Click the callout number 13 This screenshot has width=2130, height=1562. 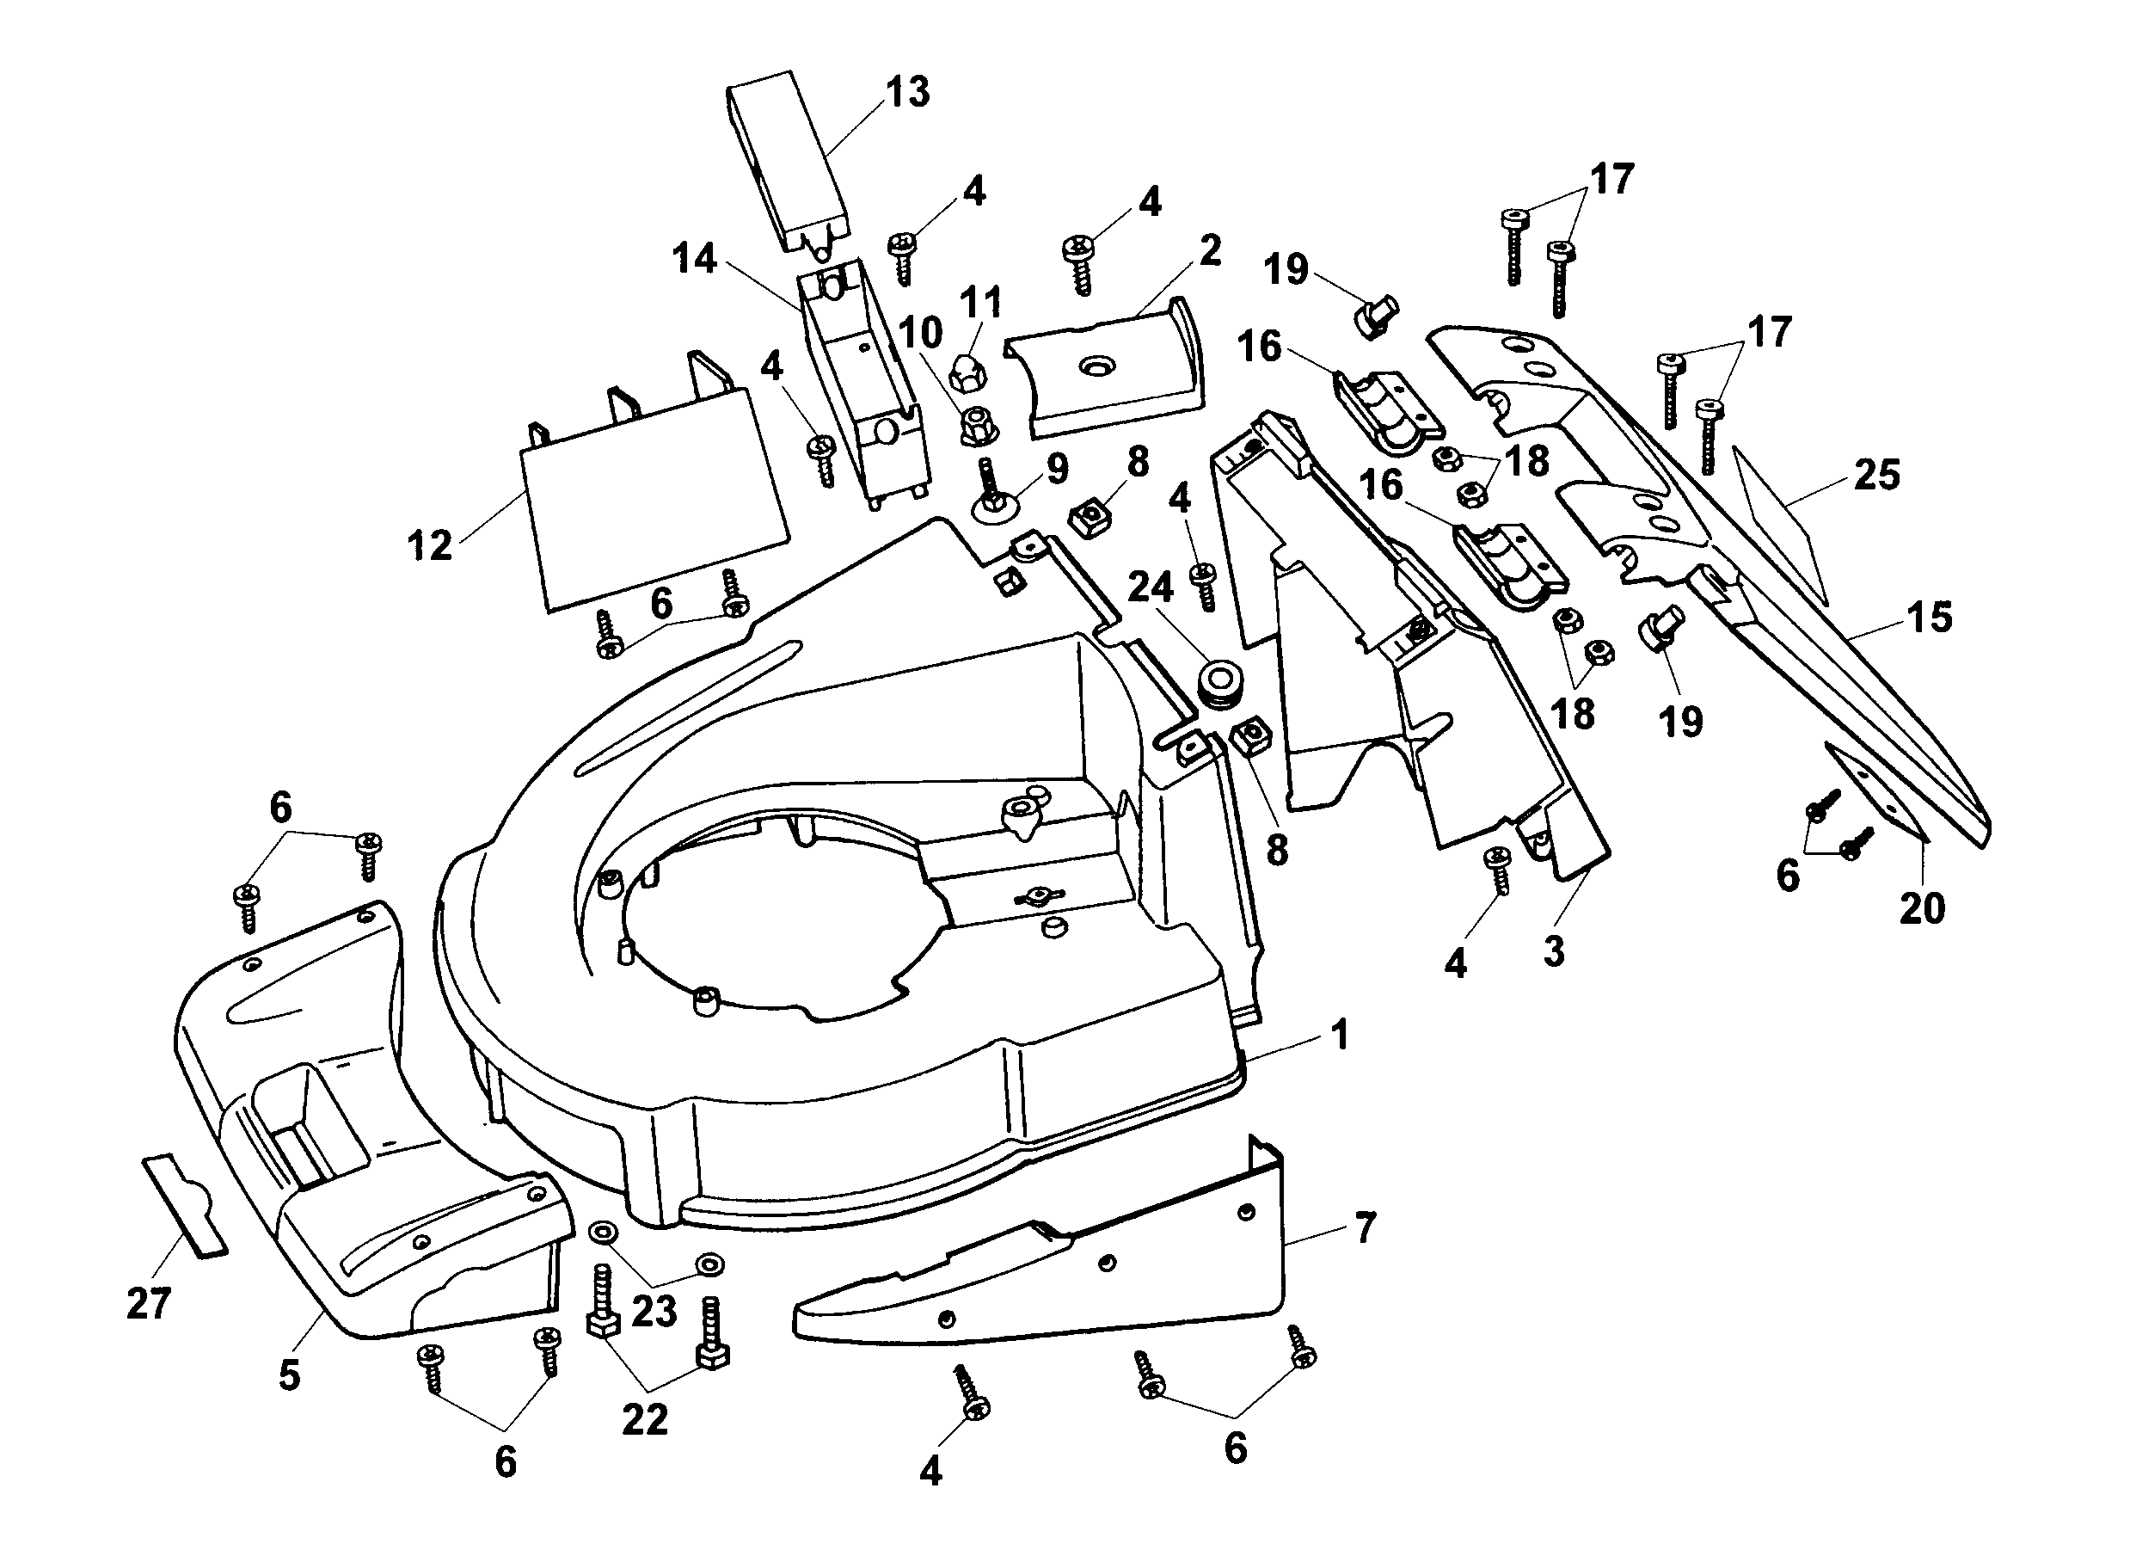click(907, 93)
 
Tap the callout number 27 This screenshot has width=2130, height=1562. click(149, 1304)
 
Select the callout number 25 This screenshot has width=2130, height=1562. click(1876, 476)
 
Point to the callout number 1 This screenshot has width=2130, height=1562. click(1339, 1035)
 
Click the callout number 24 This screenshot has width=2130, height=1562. click(1151, 587)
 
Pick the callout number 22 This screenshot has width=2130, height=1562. click(645, 1419)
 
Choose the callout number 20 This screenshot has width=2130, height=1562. click(1922, 907)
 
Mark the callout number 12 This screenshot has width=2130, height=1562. click(430, 545)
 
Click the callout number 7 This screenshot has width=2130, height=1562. click(1366, 1228)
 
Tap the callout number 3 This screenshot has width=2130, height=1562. click(1554, 951)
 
